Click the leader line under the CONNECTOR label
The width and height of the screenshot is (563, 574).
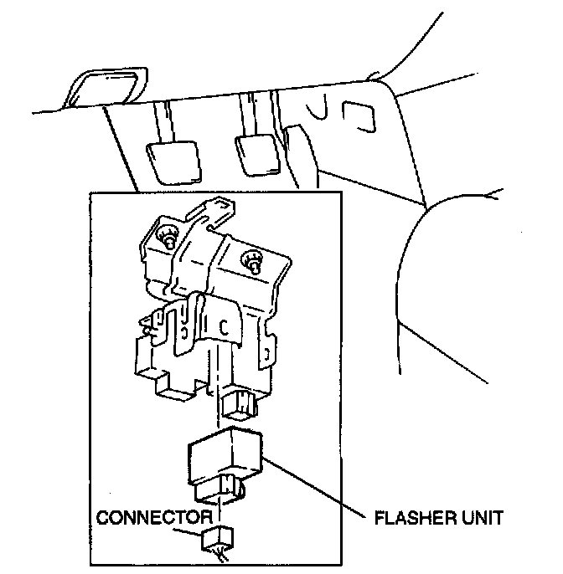(x=194, y=526)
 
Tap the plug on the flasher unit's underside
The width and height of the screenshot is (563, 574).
(x=229, y=486)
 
